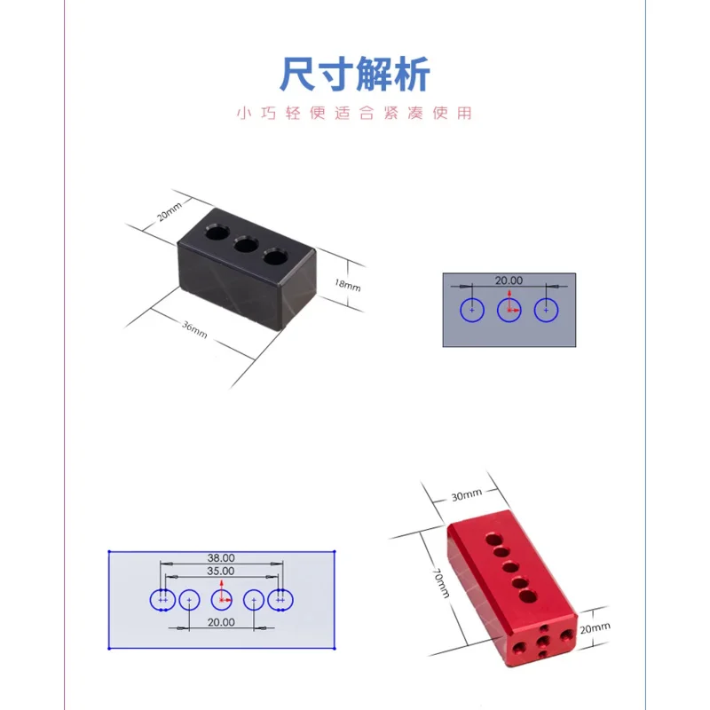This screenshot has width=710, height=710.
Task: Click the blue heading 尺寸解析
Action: [354, 74]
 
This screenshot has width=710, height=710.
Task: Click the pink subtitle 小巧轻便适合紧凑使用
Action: [354, 113]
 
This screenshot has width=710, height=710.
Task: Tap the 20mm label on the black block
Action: [170, 211]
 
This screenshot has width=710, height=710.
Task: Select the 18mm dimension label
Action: [347, 285]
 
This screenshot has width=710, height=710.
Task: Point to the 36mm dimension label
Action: [194, 329]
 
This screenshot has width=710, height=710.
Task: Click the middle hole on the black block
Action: [246, 245]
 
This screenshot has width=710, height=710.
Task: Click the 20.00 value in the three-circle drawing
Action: [509, 280]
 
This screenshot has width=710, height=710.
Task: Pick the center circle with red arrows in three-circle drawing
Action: [509, 310]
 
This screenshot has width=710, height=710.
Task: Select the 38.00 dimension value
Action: [221, 558]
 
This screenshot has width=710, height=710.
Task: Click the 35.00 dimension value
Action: [220, 571]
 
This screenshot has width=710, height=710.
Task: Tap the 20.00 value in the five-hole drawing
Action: [221, 622]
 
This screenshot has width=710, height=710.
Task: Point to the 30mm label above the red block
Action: [467, 495]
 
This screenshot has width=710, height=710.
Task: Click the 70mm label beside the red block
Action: [441, 583]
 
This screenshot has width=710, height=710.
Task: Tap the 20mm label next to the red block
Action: [595, 627]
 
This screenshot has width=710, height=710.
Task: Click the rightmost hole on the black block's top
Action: [275, 256]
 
